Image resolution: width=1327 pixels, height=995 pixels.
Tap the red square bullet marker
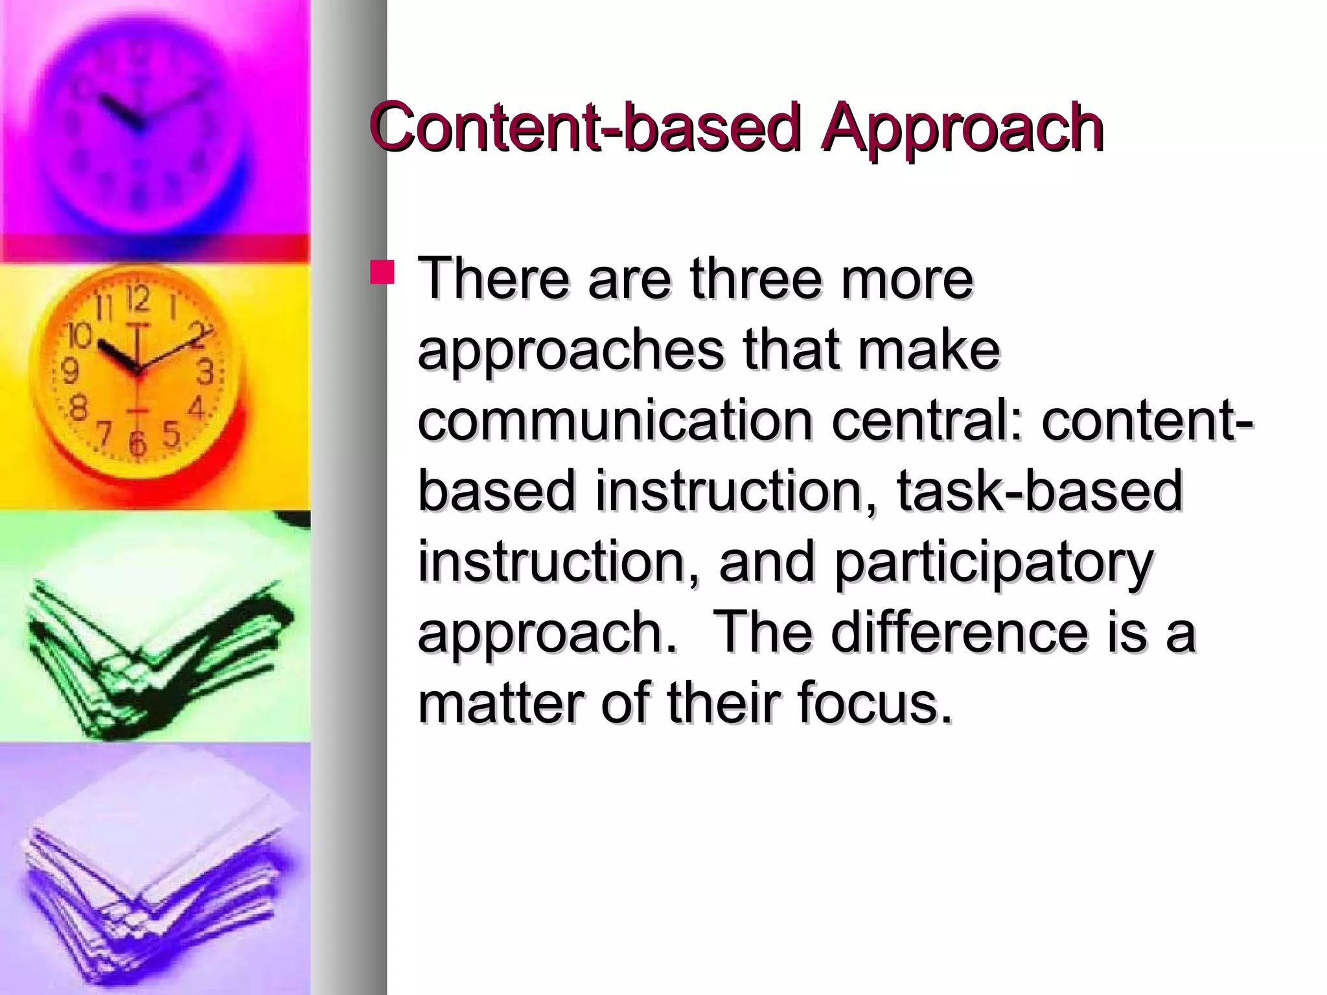[382, 272]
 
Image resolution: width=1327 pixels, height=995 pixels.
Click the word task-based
[1040, 490]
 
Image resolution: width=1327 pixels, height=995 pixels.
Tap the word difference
[960, 632]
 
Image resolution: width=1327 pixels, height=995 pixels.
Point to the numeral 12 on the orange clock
[137, 299]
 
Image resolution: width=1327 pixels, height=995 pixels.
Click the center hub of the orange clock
[137, 370]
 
